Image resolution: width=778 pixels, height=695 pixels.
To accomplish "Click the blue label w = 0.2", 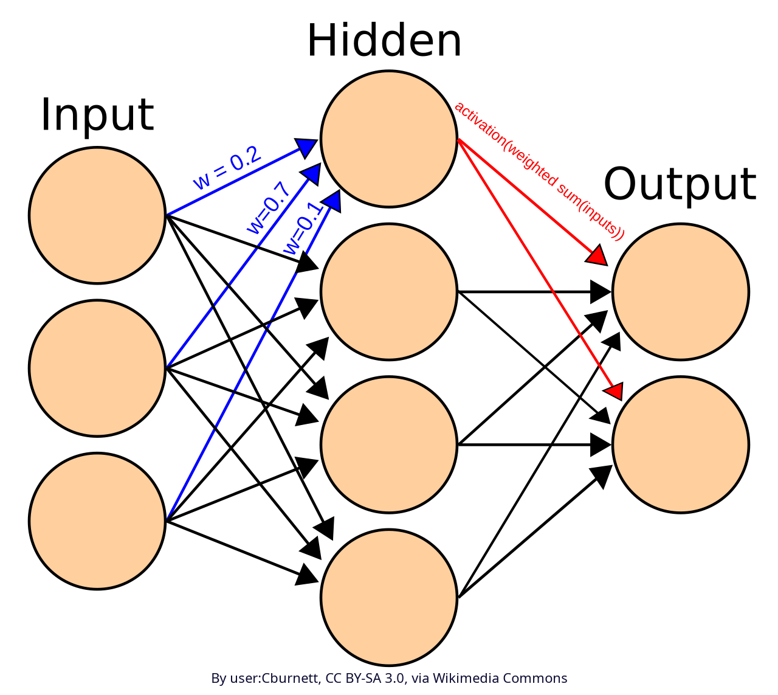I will click(227, 168).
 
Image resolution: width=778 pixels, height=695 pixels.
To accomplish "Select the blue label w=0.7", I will click(268, 207).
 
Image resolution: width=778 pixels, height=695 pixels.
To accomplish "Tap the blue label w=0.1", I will click(303, 229).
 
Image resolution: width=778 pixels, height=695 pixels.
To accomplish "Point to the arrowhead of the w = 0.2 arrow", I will click(306, 147).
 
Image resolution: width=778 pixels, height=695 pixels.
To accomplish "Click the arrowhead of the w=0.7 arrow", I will click(312, 173).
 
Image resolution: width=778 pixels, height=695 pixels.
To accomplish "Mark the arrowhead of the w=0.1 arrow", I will click(332, 200).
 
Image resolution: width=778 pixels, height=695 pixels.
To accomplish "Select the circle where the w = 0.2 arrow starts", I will click(97, 215).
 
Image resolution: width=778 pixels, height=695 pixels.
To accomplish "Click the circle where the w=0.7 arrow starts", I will click(97, 368).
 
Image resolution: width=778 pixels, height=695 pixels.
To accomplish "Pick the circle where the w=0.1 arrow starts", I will click(97, 521).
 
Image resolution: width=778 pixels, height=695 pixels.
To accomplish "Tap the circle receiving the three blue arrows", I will click(389, 139).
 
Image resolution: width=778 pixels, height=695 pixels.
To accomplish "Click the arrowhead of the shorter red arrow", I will click(597, 256).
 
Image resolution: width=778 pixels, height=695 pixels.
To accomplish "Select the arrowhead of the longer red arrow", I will click(614, 391).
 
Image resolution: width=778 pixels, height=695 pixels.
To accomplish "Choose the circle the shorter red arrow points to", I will click(681, 292).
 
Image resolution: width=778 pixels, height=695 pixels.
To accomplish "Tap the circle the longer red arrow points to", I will click(681, 444).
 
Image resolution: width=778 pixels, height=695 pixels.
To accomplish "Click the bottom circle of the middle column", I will click(389, 597).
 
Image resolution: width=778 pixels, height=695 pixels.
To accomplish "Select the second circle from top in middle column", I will click(389, 292).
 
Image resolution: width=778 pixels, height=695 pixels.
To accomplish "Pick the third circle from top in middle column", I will click(389, 444).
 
